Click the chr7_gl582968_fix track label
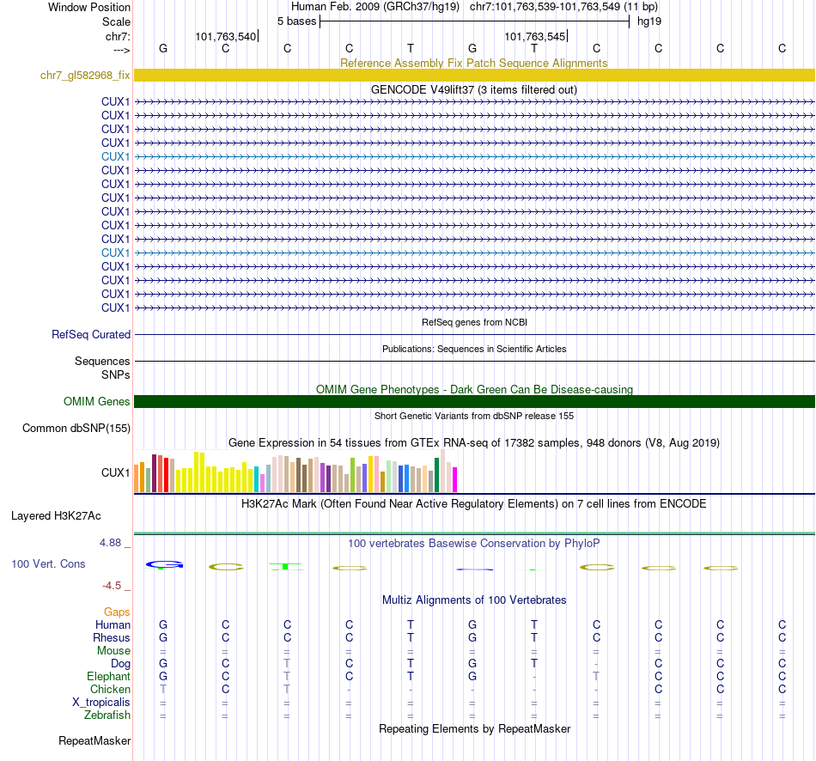tap(85, 75)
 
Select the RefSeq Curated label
tap(91, 335)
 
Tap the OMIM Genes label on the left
tap(96, 401)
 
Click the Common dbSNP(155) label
tap(76, 428)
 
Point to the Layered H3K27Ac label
tap(56, 516)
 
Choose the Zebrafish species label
tap(107, 715)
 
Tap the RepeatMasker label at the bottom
tap(94, 740)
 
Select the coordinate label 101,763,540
tap(225, 37)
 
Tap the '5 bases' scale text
tap(296, 21)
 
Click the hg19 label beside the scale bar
tap(649, 21)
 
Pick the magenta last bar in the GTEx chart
tap(454, 479)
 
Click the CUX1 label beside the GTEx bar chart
tap(115, 472)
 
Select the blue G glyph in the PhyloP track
tap(164, 565)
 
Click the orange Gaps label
tap(117, 612)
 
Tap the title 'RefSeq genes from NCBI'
tap(474, 322)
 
